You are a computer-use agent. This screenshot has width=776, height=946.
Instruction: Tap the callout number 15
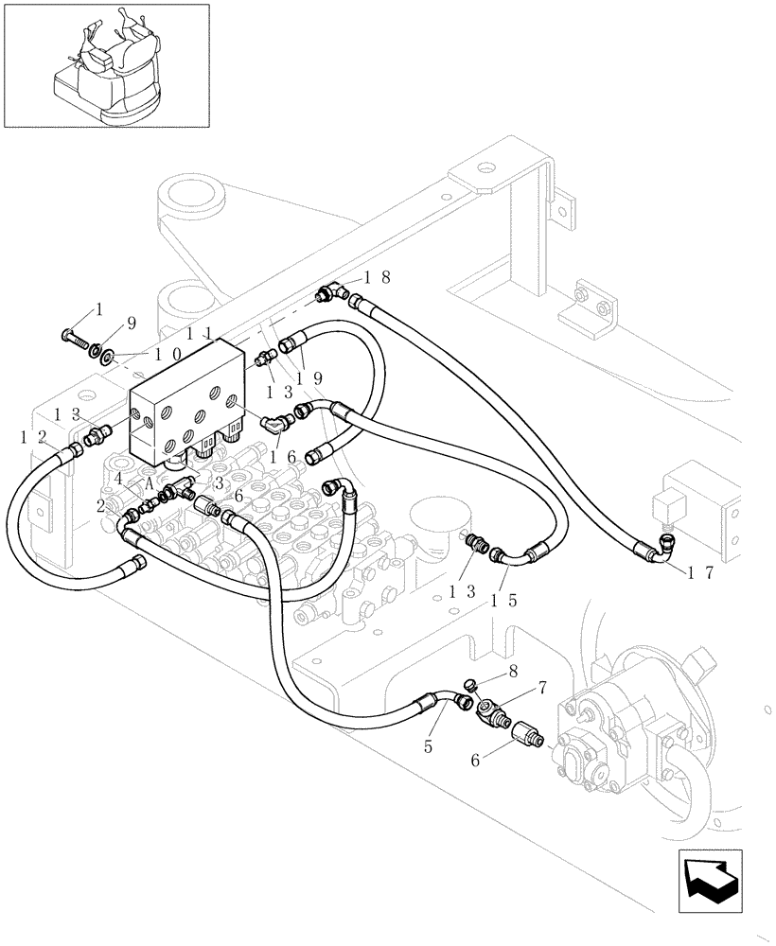coord(503,602)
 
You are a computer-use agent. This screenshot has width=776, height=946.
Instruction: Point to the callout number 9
coord(132,323)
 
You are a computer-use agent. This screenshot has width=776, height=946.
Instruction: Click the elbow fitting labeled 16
coord(274,427)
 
